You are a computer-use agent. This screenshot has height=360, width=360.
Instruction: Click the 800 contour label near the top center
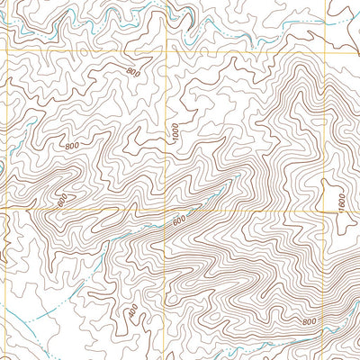[x=134, y=72]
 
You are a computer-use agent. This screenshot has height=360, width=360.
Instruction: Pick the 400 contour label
[x=133, y=311]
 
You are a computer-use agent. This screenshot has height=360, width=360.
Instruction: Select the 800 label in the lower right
[x=310, y=321]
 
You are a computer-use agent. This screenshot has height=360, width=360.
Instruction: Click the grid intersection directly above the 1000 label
[x=166, y=50]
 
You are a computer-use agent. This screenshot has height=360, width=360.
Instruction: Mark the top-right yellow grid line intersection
[x=326, y=50]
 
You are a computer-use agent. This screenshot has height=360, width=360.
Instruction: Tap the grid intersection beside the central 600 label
[x=166, y=209]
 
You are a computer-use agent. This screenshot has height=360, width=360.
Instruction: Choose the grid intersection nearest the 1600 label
[x=326, y=209]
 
